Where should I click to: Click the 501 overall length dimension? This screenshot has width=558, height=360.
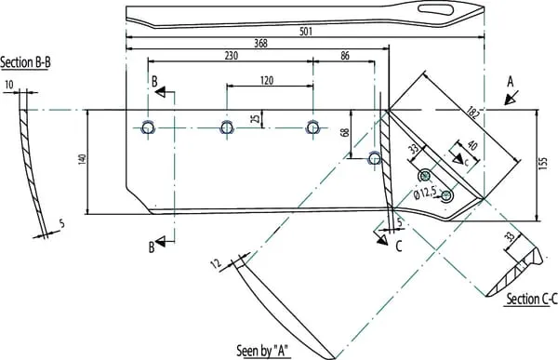[306, 32]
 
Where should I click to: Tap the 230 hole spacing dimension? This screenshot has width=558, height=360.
[232, 56]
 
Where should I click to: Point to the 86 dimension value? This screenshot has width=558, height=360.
[345, 56]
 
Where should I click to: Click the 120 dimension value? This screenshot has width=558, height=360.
[267, 80]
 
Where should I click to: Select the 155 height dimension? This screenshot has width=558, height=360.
[543, 163]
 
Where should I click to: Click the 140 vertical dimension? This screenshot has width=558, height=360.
[82, 159]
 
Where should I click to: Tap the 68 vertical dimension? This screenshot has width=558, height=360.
[344, 132]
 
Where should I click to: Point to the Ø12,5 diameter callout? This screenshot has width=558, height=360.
[425, 193]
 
